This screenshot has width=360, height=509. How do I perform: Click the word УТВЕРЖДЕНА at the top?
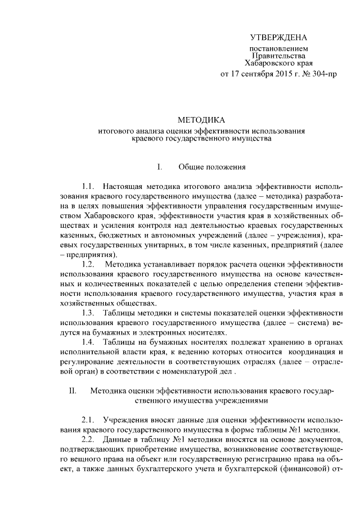pyautogui.click(x=279, y=38)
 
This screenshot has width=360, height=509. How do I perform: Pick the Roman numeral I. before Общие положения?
pyautogui.click(x=160, y=167)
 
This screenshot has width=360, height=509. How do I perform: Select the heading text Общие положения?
pyautogui.click(x=212, y=167)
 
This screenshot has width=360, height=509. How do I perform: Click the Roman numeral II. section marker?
pyautogui.click(x=73, y=390)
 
